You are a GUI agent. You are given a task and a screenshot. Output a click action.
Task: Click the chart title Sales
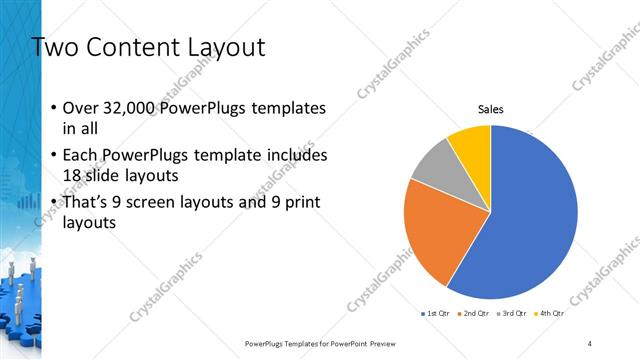(491, 109)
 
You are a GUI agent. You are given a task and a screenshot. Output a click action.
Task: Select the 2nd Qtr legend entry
(473, 314)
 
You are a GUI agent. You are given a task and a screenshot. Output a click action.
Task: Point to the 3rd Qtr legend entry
(511, 314)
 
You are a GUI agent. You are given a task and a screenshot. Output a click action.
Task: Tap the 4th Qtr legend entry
(549, 314)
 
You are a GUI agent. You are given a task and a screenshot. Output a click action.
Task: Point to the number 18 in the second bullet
(73, 175)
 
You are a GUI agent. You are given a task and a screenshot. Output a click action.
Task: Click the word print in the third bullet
(295, 204)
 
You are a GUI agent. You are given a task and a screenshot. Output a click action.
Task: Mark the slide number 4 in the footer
(590, 343)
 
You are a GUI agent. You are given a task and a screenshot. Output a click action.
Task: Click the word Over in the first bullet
(80, 108)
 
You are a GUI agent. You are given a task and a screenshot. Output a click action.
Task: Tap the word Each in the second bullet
(80, 156)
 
